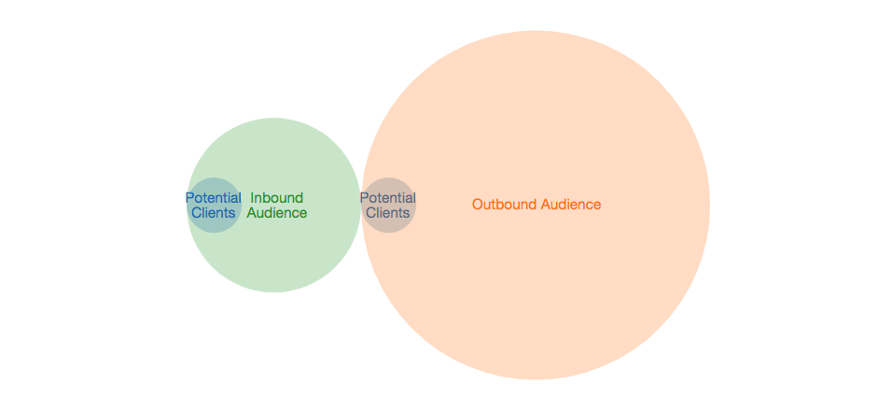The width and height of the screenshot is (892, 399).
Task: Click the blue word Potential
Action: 214,198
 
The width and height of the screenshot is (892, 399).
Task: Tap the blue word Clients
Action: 214,213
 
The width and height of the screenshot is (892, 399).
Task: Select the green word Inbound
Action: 277,198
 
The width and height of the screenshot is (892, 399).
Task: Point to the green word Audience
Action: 277,213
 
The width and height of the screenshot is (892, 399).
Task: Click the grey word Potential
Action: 388,198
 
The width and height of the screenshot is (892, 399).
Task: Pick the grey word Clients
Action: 388,213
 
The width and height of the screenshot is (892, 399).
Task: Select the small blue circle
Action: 214,186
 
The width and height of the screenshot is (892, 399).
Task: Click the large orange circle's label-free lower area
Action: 536,308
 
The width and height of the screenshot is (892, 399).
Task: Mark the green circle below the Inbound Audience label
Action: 274,257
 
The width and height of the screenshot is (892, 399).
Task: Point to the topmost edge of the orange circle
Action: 536,32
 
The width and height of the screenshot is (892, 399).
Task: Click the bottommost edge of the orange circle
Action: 536,378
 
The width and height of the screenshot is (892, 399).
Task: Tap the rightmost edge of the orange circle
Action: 709,205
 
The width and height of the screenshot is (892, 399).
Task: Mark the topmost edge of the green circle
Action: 274,119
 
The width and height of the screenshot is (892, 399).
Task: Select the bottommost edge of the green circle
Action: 274,292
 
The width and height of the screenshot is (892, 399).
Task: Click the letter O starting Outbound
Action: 478,205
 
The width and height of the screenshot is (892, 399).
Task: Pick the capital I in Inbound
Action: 253,198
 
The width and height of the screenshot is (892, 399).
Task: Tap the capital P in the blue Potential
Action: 189,198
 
